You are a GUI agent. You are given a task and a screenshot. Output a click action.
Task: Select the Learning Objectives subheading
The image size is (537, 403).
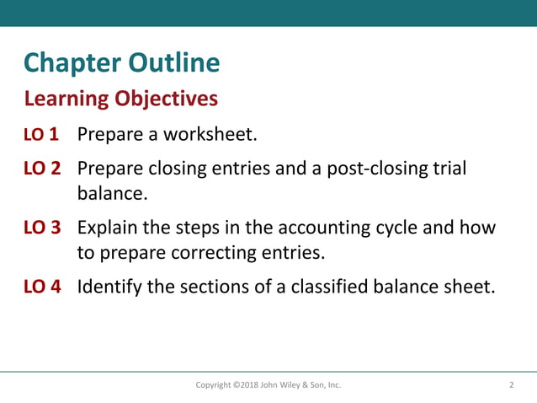pos(121,99)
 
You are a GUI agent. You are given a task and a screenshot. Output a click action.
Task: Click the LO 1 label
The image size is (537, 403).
pos(41,135)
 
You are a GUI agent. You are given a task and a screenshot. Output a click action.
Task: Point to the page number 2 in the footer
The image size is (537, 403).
pos(511,385)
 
